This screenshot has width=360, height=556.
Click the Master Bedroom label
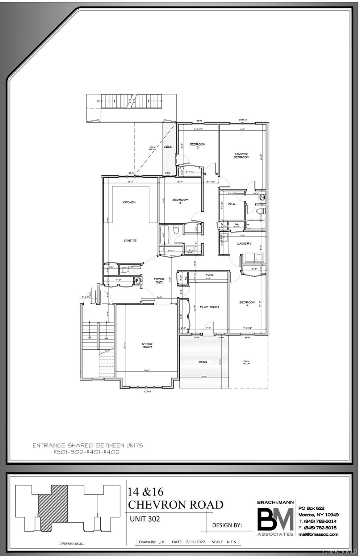coord(241,156)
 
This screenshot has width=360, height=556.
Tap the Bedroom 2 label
coord(197,146)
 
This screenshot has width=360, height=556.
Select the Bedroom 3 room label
coord(180,201)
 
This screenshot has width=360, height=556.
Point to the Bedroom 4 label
coord(247,304)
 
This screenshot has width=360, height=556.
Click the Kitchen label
coord(129,202)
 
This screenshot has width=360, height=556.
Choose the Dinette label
coord(130,241)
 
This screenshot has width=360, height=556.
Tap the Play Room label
coord(209,307)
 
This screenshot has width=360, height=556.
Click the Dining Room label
coord(147,345)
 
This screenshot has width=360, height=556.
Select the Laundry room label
coord(244,244)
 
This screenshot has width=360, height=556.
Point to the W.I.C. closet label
coord(232,204)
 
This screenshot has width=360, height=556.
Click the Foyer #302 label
coord(159,281)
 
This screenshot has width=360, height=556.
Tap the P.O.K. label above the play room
coord(210,275)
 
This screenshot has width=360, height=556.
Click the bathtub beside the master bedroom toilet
coord(255,225)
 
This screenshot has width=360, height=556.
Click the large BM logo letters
coord(275,519)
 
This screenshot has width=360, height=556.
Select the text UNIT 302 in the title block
coord(145,519)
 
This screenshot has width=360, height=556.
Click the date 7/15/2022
coord(194,542)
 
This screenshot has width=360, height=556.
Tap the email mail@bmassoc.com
coord(318,534)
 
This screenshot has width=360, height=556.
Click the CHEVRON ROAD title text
coord(176,504)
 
